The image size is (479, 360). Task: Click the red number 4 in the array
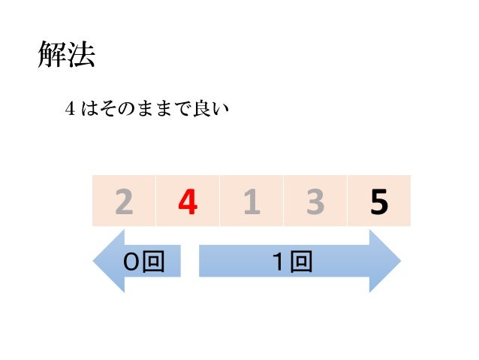(188, 201)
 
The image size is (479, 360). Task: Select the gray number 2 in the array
(124, 201)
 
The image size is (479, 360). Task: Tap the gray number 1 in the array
(252, 201)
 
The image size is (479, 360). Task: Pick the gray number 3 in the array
(315, 201)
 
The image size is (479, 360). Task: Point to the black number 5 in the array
(379, 201)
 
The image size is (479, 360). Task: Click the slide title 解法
(67, 56)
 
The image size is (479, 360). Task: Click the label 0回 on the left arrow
(143, 262)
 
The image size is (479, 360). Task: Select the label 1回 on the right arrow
(293, 262)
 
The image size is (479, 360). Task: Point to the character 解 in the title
(53, 56)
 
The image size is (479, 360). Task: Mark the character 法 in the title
(81, 56)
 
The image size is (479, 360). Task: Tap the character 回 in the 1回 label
(303, 262)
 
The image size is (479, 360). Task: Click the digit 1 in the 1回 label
(282, 262)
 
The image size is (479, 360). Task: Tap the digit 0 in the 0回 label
(132, 262)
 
